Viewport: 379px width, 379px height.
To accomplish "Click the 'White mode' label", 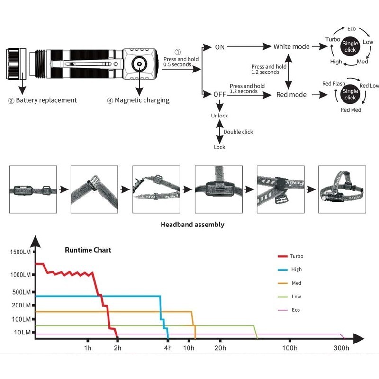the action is pyautogui.click(x=291, y=46).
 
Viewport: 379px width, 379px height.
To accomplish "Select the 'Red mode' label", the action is pyautogui.click(x=291, y=94).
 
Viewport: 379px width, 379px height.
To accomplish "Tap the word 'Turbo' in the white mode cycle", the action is pyautogui.click(x=333, y=39).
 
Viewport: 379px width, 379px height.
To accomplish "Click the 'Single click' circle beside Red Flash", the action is pyautogui.click(x=350, y=94).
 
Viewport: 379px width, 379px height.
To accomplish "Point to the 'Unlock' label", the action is pyautogui.click(x=219, y=116).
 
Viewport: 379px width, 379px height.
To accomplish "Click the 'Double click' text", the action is pyautogui.click(x=238, y=132).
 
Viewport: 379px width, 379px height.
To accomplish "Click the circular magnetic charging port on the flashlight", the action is pyautogui.click(x=139, y=64).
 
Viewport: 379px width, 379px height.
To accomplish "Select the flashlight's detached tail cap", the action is pyautogui.click(x=16, y=64).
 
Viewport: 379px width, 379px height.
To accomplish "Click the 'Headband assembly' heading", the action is pyautogui.click(x=192, y=225).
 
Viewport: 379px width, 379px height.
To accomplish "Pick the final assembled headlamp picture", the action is pyautogui.click(x=342, y=189).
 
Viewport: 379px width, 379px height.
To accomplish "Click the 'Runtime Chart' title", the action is pyautogui.click(x=88, y=250).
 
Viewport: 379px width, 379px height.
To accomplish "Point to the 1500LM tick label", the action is pyautogui.click(x=20, y=252).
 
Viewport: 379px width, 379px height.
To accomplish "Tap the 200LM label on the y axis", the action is pyautogui.click(x=21, y=305).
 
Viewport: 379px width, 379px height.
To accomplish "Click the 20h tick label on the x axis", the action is pyautogui.click(x=220, y=348).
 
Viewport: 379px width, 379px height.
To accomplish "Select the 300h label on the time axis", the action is pyautogui.click(x=341, y=348).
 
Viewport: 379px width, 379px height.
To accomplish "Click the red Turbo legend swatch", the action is pyautogui.click(x=282, y=256).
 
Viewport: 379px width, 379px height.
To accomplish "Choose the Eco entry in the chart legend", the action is pyautogui.click(x=289, y=310).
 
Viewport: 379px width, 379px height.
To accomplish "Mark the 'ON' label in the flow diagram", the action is pyautogui.click(x=219, y=47).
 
